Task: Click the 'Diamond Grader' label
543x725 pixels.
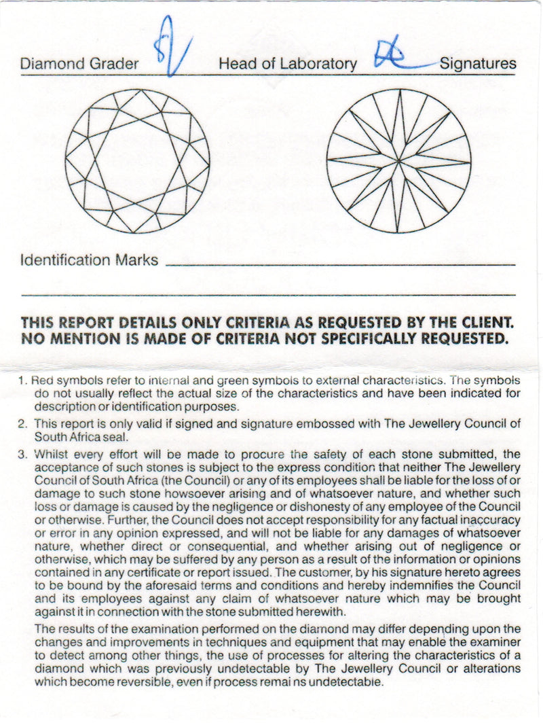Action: point(79,64)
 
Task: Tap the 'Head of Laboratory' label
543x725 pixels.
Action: point(287,64)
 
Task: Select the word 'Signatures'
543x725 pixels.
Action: point(478,64)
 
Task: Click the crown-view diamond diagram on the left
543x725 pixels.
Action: point(137,161)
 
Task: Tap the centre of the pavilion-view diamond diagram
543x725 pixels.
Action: point(398,161)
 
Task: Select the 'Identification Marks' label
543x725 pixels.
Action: point(90,260)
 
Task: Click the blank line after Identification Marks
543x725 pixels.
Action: point(339,264)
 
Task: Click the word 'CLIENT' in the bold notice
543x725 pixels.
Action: point(483,322)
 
